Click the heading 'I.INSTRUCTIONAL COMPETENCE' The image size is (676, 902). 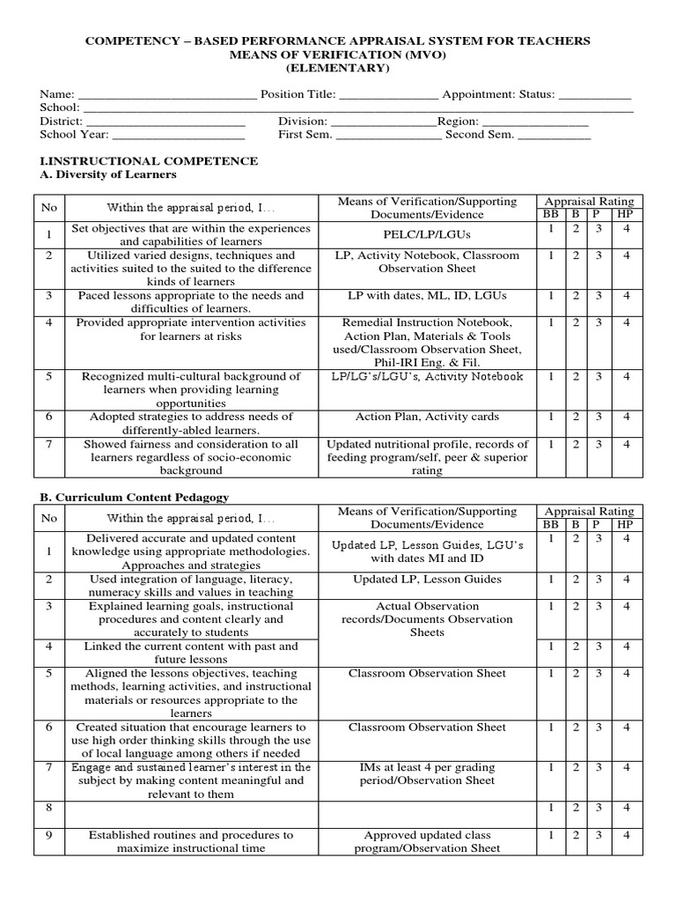(149, 161)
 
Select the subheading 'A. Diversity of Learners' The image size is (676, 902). (108, 174)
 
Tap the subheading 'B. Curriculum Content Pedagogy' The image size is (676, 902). (135, 498)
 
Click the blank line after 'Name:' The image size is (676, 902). (168, 94)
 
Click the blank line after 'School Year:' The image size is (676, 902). (179, 135)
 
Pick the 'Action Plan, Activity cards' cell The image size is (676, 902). (427, 417)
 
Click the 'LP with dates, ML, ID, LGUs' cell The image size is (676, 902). (427, 296)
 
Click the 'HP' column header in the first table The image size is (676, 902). (625, 214)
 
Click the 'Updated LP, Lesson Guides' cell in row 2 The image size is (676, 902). (427, 580)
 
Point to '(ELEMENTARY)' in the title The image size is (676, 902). (337, 68)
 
